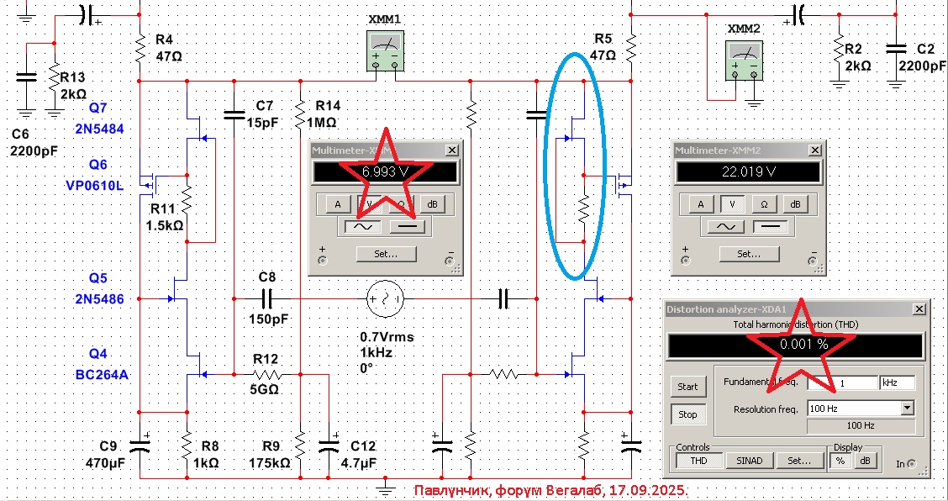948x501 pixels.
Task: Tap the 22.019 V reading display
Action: pyautogui.click(x=747, y=171)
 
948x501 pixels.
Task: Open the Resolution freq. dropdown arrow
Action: pyautogui.click(x=906, y=408)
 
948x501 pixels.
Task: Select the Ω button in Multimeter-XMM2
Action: pyautogui.click(x=764, y=203)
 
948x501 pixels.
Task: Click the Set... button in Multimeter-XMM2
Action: pyautogui.click(x=747, y=253)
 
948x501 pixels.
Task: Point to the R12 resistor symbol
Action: pyautogui.click(x=266, y=375)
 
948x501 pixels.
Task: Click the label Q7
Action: pyautogui.click(x=97, y=108)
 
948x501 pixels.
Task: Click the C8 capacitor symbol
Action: pyautogui.click(x=267, y=297)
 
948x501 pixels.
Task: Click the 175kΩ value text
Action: pyautogui.click(x=269, y=462)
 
